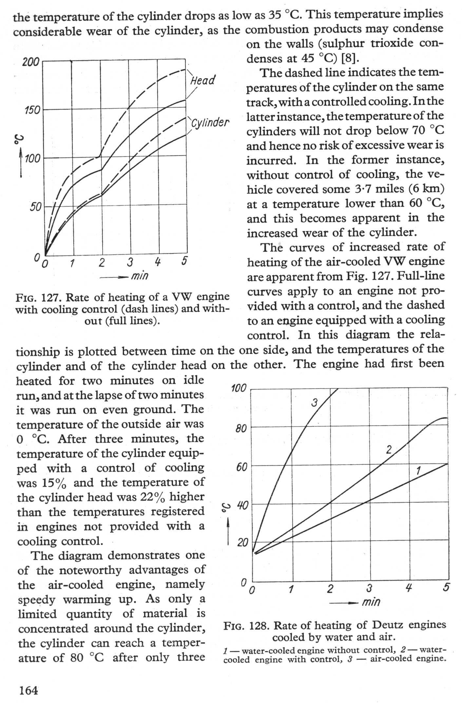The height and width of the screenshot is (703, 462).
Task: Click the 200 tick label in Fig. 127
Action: coord(30,62)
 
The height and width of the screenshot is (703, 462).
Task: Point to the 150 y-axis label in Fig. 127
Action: coord(32,110)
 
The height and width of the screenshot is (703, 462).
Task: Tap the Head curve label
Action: coord(203,80)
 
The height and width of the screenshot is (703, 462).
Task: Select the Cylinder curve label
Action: coord(210,123)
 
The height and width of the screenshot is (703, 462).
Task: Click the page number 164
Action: coord(29,691)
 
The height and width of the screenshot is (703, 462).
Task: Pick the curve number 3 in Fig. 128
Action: coord(315,403)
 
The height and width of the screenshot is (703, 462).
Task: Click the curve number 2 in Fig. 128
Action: coord(389,450)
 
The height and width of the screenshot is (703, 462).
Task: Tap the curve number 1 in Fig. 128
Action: coord(418,471)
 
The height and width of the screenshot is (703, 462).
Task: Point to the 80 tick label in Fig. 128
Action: coord(241,428)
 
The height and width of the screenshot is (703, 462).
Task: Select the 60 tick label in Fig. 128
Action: coord(241,467)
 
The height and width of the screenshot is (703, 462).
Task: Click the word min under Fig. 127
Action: coord(140,276)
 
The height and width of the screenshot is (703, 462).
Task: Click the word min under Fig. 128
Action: coord(371,602)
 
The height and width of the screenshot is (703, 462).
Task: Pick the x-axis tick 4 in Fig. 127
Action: coord(158,262)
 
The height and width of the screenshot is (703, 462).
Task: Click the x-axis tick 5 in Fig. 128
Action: coord(446,587)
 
